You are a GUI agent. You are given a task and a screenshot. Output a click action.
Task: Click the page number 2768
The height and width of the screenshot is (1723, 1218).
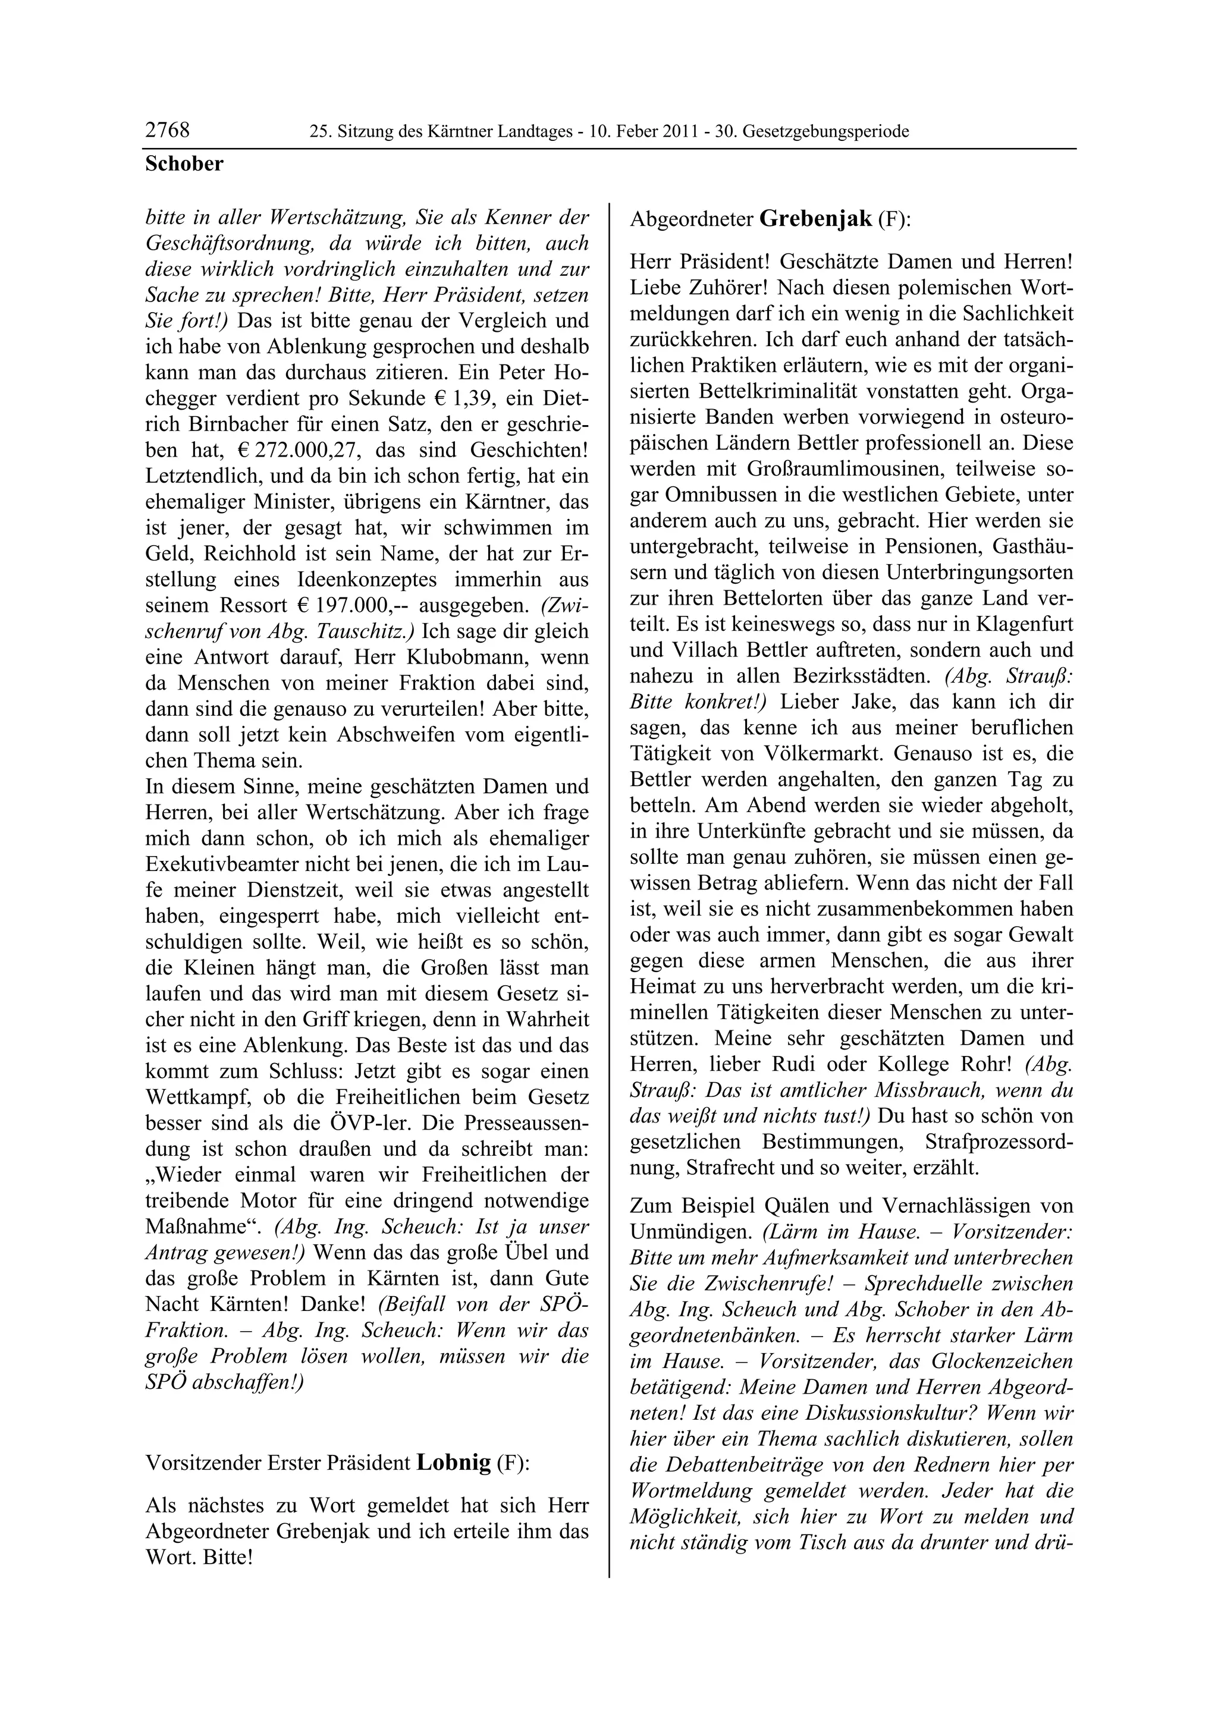coord(167,131)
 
